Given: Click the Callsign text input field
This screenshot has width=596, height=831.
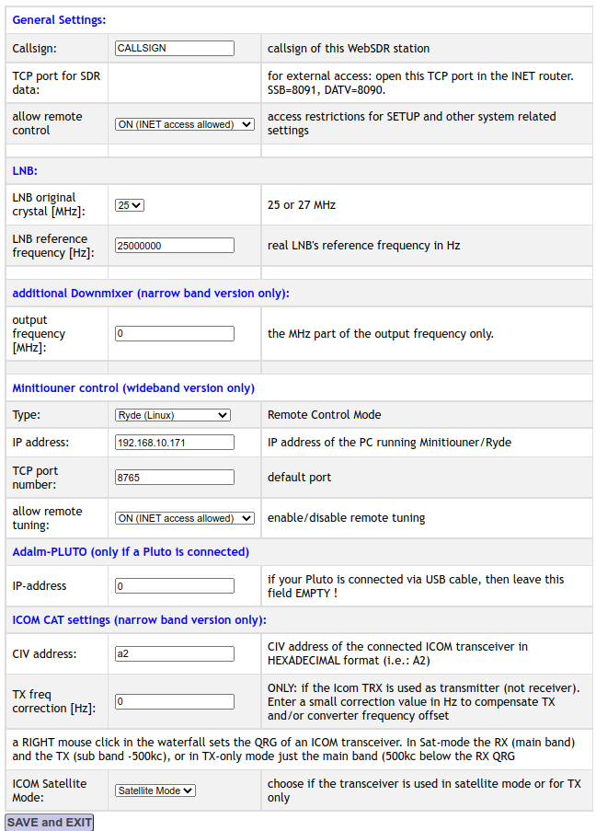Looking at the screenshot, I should pos(175,48).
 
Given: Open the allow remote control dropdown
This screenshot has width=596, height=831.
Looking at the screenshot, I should pos(184,124).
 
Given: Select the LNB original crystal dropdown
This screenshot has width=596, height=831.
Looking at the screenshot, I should pos(130,205).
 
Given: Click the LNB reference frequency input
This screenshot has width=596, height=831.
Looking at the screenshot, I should pos(175,246).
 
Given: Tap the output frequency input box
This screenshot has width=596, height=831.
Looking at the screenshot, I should pos(175,334).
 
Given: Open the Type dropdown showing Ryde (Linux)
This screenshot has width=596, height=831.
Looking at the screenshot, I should pos(172,415).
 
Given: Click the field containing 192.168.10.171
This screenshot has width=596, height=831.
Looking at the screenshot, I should pos(175,443).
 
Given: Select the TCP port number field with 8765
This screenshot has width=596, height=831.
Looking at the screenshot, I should pos(175,478).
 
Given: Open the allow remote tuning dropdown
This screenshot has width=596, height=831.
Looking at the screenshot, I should pos(184,518).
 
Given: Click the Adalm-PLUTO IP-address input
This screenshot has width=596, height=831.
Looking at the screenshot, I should pos(175,586).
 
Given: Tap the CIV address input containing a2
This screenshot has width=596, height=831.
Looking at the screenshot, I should pos(175,654).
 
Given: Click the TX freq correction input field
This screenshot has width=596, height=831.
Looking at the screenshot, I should pos(175,701).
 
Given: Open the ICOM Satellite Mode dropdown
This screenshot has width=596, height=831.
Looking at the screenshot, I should pos(155,790).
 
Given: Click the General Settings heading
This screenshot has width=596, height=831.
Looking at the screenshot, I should pos(59,19).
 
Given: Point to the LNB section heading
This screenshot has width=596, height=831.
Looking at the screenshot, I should pos(25,171).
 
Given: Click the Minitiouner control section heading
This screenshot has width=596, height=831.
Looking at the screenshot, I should pos(133,387).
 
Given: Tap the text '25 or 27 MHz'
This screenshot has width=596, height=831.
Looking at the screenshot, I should pos(302,205).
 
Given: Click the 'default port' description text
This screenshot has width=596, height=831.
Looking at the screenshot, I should pos(300,478).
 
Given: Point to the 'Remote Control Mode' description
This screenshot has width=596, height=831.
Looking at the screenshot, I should pos(325,415).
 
